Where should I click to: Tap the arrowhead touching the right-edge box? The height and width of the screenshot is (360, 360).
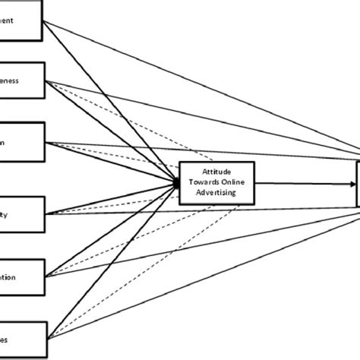[x=353, y=182]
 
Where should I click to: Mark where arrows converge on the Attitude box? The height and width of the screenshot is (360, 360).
[x=178, y=182]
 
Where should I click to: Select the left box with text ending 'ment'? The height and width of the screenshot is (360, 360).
[x=22, y=22]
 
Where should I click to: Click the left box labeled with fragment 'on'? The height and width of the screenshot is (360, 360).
[x=22, y=141]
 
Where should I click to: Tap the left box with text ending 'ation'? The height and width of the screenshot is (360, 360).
[x=22, y=276]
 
